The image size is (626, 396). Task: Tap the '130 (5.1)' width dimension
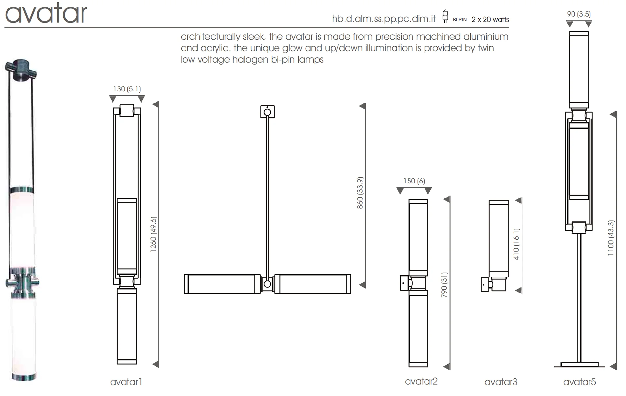point(127,89)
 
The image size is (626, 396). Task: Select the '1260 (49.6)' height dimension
point(153,234)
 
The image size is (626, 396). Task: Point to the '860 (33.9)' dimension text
point(360,193)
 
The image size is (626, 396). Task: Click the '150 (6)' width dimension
point(414,181)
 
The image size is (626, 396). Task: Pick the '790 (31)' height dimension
point(444,285)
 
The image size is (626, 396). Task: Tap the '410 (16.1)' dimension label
point(516,244)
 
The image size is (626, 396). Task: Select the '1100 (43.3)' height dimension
point(611,238)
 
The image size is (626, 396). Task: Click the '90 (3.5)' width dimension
point(579,14)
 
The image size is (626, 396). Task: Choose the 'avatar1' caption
point(126,382)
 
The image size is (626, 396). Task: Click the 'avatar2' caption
point(421,381)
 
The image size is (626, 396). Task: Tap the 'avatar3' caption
point(501,382)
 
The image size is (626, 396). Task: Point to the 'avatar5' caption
point(580,382)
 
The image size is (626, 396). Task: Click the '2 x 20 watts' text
point(490,20)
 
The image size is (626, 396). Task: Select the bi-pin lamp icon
point(445,17)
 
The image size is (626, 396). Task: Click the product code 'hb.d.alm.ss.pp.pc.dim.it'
point(384,19)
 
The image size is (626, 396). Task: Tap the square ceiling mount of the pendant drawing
point(267,112)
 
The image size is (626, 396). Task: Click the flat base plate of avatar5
point(579,364)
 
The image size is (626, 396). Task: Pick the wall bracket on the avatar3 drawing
point(485,285)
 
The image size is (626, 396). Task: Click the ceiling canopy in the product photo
point(21,70)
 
